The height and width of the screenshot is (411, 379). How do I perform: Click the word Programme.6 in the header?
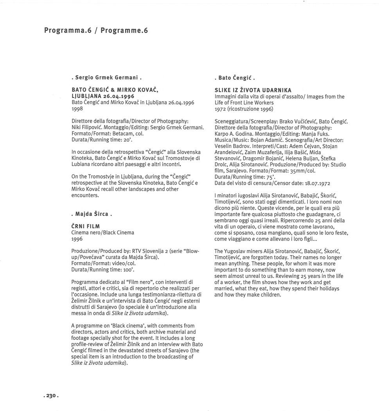pyautogui.click(x=124, y=30)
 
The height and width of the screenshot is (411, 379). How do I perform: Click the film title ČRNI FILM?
pyautogui.click(x=86, y=226)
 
